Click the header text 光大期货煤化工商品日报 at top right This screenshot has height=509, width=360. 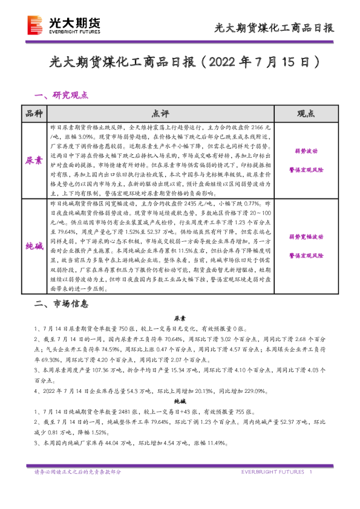(x=275, y=28)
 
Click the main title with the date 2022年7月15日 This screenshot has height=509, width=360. (x=180, y=63)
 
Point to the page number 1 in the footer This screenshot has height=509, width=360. (x=310, y=472)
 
